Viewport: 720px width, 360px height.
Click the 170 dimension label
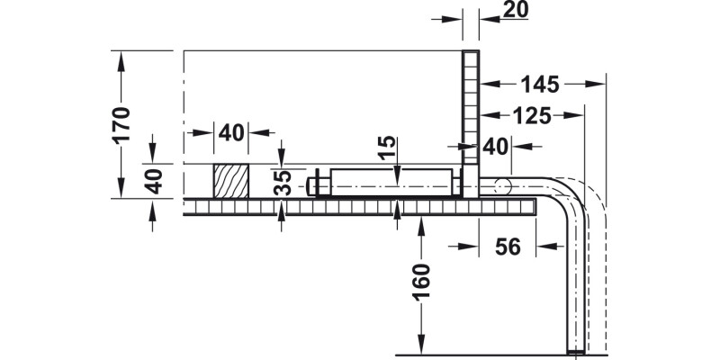pos(123,124)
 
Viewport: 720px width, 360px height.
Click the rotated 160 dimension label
pos(423,283)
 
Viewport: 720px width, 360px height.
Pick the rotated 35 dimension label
pos(283,183)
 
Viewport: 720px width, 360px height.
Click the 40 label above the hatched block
pos(230,133)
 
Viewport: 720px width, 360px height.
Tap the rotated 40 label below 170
pos(153,181)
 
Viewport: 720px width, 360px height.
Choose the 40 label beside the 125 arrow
pos(496,146)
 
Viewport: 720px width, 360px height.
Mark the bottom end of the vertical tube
pos(573,347)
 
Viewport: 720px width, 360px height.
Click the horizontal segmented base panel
pos(360,207)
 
